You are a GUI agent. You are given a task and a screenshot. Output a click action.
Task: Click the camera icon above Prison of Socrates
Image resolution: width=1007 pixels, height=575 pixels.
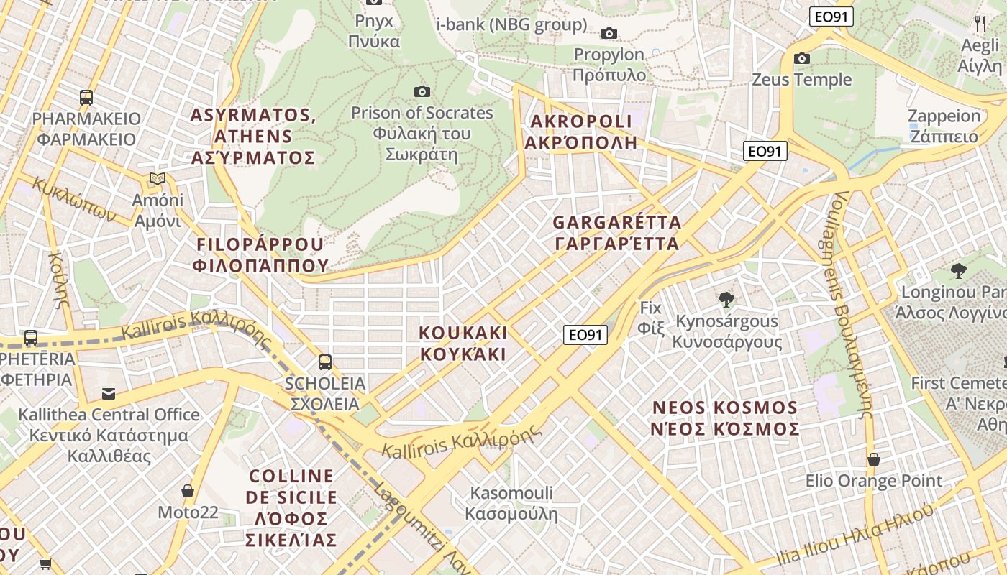(422, 91)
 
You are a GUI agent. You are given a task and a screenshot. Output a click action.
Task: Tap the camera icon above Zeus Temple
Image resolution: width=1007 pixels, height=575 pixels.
(802, 58)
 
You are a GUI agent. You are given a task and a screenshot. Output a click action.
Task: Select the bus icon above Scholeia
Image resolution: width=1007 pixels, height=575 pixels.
(325, 362)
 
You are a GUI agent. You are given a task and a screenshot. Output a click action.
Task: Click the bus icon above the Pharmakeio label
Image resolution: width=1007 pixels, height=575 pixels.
(86, 97)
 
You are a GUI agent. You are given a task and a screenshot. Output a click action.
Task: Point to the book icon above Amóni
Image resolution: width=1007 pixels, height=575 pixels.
(158, 178)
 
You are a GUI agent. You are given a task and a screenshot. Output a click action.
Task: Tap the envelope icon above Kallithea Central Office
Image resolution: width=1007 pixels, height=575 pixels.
(109, 393)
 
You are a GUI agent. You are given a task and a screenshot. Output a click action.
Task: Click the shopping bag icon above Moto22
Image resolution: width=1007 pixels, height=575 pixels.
(188, 491)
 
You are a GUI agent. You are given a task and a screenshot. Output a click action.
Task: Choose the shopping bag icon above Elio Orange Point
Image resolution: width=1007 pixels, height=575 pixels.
(874, 459)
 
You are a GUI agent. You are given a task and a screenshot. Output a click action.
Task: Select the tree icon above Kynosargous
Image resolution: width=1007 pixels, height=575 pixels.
(726, 299)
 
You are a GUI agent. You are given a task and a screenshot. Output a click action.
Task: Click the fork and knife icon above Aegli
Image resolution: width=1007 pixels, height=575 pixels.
(980, 24)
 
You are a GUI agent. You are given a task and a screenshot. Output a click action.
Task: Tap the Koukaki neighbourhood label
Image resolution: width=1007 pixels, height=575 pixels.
(463, 343)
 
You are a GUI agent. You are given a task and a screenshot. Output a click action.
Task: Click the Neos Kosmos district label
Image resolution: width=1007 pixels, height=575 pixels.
(725, 418)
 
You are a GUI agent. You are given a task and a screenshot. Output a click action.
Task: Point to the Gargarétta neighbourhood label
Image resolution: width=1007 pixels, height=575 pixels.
(617, 232)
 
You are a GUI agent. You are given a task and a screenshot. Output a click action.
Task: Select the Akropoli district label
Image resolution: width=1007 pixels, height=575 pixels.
(580, 132)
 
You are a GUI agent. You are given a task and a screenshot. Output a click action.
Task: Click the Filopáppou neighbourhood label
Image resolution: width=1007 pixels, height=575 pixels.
(260, 254)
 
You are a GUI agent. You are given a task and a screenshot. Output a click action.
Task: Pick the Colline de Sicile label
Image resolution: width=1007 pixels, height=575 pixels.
(291, 507)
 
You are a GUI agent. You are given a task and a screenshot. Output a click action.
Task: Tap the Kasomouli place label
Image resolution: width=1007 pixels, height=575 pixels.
(511, 503)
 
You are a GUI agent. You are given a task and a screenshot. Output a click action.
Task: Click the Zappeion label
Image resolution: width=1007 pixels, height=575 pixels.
(944, 126)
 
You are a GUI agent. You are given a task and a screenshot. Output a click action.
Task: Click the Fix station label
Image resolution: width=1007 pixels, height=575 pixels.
(650, 318)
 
